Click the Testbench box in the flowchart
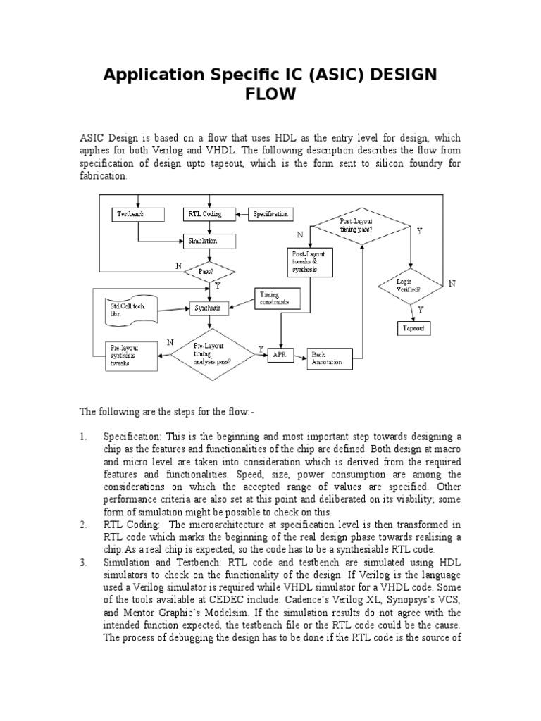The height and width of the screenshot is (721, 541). [x=137, y=213]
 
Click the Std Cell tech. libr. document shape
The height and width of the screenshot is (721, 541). [x=130, y=308]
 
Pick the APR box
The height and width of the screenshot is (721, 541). [x=280, y=355]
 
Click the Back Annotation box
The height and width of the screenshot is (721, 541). [x=329, y=358]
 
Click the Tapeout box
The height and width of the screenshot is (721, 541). [x=413, y=329]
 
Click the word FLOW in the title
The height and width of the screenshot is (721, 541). [x=270, y=94]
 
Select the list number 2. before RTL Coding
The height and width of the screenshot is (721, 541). [x=83, y=525]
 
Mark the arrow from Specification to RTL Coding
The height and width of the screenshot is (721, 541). [x=240, y=213]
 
